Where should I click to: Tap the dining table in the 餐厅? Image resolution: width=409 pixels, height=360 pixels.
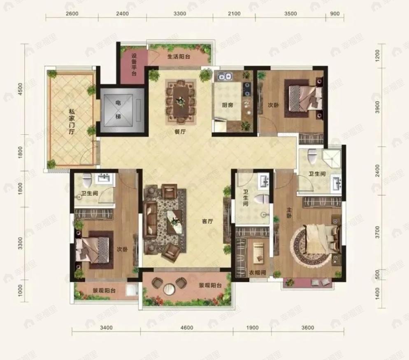[x=180, y=102]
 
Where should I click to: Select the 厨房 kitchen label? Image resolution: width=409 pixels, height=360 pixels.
[x=228, y=105]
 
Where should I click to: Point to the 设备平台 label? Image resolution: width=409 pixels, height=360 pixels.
[x=134, y=65]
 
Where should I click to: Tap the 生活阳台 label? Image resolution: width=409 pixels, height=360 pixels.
[x=179, y=56]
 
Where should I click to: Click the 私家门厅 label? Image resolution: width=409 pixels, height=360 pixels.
[x=72, y=122]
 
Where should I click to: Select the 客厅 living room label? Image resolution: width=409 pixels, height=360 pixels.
[x=208, y=222]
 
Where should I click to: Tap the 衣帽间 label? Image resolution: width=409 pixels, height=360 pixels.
[x=257, y=273]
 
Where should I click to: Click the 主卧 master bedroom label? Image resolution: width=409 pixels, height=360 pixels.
[x=290, y=213]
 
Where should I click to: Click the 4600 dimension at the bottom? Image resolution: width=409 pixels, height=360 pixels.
[x=187, y=327]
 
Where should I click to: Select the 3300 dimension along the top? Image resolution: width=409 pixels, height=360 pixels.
[x=180, y=14]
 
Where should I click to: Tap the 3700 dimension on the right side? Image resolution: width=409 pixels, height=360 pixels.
[x=377, y=232]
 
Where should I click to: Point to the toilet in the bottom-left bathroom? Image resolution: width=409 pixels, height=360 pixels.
[x=86, y=178]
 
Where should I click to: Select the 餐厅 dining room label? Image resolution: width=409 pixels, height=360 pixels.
[x=180, y=132]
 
